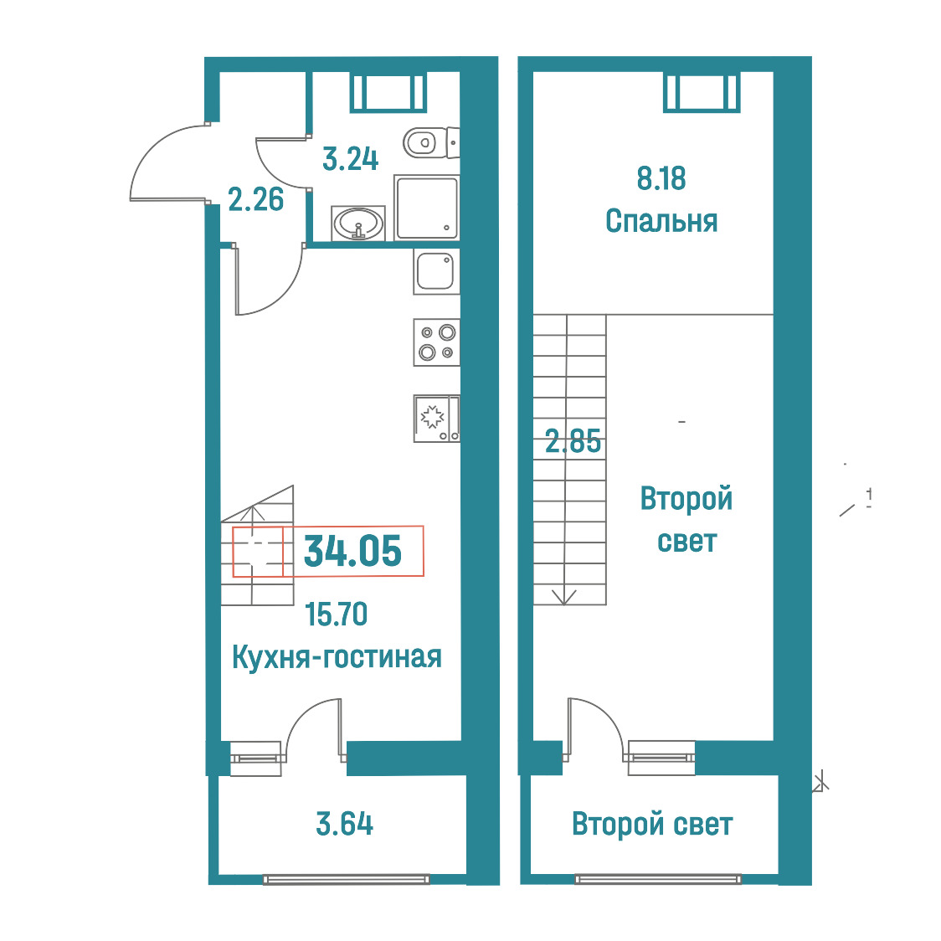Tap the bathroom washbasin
coord(358,224)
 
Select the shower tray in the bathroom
coord(427,208)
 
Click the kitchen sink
coord(436,272)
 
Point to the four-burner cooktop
coord(436,342)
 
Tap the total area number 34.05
coord(353,552)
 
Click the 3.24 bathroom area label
coord(351,160)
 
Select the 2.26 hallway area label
coord(255,200)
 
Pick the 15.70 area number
coord(336,614)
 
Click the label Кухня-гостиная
coord(337,657)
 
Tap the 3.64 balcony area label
coord(344,824)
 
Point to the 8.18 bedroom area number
coord(661,179)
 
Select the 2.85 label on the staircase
coord(573,442)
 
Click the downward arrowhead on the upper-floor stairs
coord(564,598)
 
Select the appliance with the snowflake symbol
coord(436,419)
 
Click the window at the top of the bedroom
coord(702,92)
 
